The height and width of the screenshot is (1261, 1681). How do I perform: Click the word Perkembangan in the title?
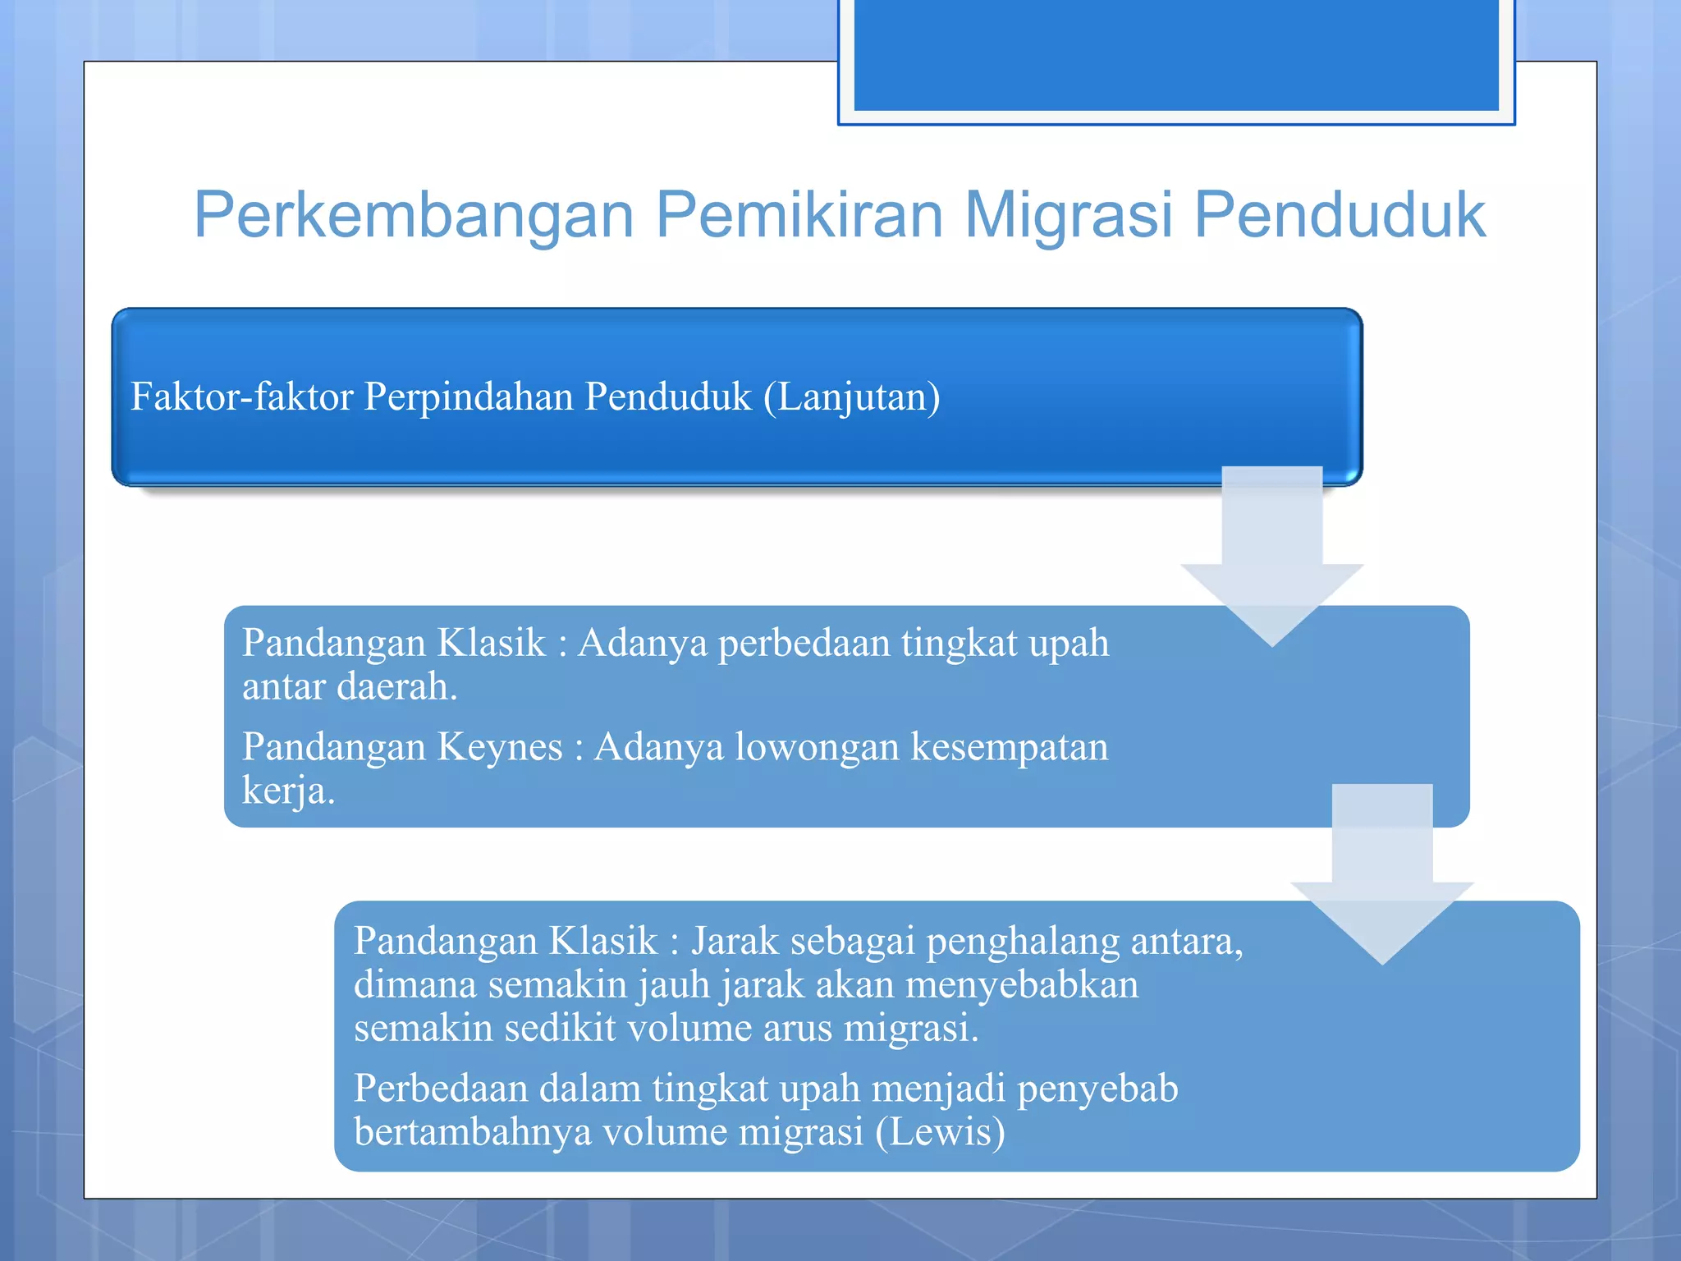414,215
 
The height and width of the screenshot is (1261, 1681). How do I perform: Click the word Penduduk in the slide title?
1339,215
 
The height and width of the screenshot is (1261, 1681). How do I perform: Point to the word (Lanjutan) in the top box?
851,397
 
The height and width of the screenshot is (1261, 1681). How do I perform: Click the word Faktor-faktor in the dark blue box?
242,397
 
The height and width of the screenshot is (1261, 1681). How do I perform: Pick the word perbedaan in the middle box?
804,643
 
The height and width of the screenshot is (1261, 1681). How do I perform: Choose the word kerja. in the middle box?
288,791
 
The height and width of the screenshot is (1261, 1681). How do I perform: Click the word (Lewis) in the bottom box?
940,1132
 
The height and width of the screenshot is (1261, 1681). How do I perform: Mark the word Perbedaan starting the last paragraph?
441,1089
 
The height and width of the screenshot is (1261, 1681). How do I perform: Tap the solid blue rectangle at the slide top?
1175,54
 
